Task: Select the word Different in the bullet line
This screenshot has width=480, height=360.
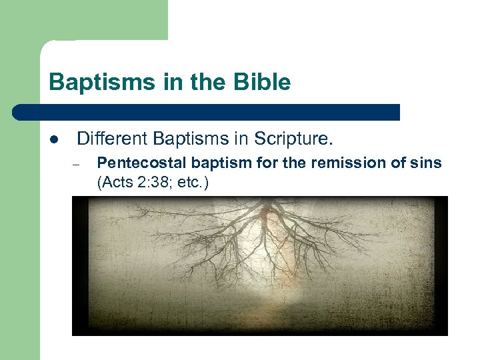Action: click(112, 139)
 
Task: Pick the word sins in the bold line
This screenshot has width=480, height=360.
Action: click(427, 163)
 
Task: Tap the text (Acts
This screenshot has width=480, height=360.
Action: click(113, 182)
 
